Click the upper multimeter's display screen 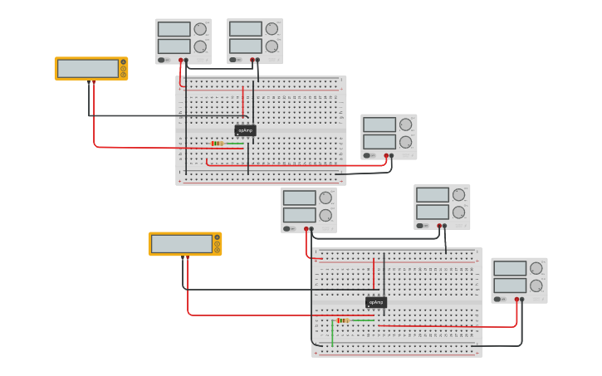pos(87,68)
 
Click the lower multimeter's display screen pos(181,243)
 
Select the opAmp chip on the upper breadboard pos(245,130)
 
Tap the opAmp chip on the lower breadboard pos(376,302)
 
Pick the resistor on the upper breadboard pos(217,144)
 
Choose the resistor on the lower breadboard pos(343,320)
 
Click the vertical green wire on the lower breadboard pos(332,333)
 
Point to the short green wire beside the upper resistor pos(234,144)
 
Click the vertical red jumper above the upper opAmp pos(243,101)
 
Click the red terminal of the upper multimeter pos(94,82)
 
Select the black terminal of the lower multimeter pos(183,257)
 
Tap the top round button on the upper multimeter pos(124,62)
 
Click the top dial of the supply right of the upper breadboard pos(405,125)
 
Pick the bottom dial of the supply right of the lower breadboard pos(536,286)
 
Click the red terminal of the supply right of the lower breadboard pos(516,300)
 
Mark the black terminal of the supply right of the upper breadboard pos(392,155)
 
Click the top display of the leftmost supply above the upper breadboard pos(174,29)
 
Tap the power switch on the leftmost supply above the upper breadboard pos(162,60)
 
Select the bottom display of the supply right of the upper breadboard pos(379,142)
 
